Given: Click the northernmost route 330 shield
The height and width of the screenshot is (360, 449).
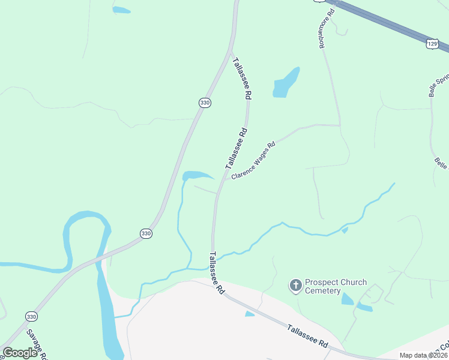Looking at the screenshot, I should click(x=205, y=103).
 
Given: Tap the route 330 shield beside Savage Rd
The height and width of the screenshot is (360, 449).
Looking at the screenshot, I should click(x=31, y=316).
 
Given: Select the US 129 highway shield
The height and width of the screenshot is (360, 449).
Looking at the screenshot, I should click(x=431, y=44).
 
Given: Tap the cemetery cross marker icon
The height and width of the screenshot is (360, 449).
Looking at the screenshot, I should click(x=295, y=286).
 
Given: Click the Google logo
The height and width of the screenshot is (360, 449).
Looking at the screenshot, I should click(x=20, y=353).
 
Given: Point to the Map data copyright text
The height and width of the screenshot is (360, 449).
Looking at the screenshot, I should click(x=423, y=355).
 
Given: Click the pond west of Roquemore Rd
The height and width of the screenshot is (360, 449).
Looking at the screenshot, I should click(x=286, y=83).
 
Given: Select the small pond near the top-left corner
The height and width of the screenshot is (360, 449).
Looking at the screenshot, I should click(x=121, y=10).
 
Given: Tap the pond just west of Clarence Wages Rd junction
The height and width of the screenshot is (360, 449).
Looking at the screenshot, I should click(x=196, y=175).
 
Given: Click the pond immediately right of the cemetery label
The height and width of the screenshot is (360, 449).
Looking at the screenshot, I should click(x=348, y=298).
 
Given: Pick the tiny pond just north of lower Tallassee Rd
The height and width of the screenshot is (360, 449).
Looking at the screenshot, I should click(x=250, y=314).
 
